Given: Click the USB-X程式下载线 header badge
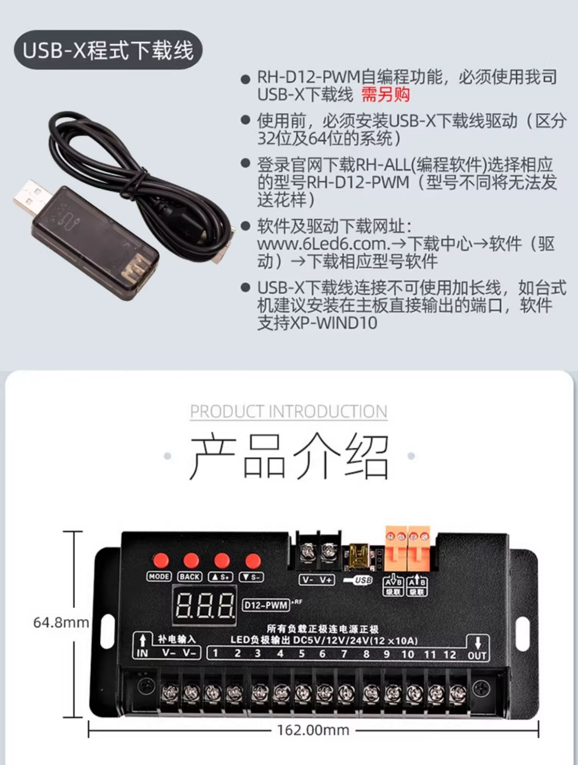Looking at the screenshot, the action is tap(108, 50).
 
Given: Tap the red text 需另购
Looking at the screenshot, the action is tap(386, 94).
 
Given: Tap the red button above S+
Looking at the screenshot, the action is tap(222, 561).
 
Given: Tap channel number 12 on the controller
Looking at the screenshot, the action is tap(450, 654).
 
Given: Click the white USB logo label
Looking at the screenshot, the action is tap(358, 580).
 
